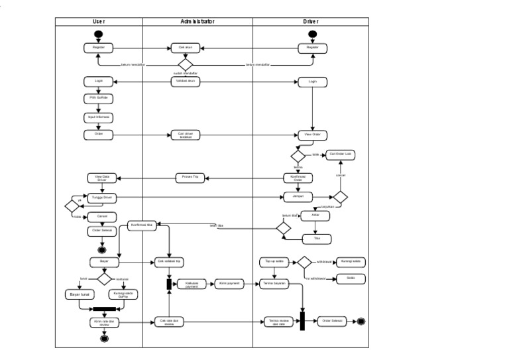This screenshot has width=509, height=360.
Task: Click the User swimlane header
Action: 98,21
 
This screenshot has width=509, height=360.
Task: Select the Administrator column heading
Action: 198,21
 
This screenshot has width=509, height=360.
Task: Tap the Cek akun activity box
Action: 186,48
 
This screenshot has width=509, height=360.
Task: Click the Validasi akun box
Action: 186,82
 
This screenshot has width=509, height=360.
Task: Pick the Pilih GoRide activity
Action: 99,98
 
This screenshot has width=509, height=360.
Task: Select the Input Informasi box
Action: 99,117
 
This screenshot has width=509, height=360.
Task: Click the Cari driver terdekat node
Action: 186,135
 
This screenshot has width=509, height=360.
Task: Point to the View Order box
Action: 312,135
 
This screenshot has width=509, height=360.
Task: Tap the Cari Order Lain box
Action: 341,154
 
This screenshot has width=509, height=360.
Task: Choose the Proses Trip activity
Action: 191,177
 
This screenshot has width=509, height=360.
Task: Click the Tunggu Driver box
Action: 103,197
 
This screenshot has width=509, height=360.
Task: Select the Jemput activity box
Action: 298,197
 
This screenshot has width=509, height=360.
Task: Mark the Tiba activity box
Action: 317,239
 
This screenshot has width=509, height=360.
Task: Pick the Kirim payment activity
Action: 228,284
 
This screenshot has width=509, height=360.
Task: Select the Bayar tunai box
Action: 78,294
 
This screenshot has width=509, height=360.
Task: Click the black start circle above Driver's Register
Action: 312,34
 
